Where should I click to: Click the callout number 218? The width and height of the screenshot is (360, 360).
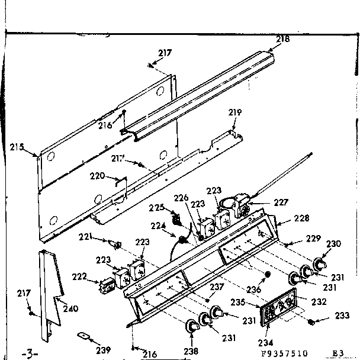click(283, 39)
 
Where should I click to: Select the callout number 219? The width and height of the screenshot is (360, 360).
click(236, 112)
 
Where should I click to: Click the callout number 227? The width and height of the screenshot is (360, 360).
click(281, 202)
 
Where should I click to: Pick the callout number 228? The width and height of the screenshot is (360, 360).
click(301, 218)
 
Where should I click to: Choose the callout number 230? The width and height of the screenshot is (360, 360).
click(334, 243)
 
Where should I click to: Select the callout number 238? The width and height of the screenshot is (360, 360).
click(191, 351)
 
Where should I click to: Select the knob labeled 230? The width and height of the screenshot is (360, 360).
click(320, 263)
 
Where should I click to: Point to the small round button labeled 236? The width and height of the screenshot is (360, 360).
click(268, 275)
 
